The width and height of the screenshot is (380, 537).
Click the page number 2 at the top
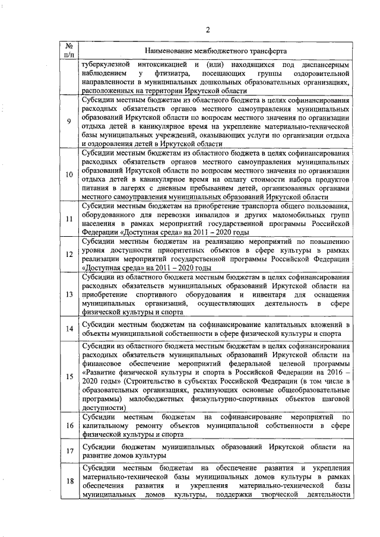(x=208, y=30)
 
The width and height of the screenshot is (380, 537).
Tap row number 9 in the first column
(x=69, y=122)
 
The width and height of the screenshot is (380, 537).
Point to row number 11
(x=69, y=219)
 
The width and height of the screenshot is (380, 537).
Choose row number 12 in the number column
(x=69, y=254)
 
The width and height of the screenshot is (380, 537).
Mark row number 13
(x=69, y=294)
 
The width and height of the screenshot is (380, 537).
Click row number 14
(x=69, y=328)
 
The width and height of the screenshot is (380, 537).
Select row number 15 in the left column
(x=69, y=376)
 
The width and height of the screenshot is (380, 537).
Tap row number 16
(x=69, y=426)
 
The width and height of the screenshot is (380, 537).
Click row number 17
(x=69, y=452)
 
